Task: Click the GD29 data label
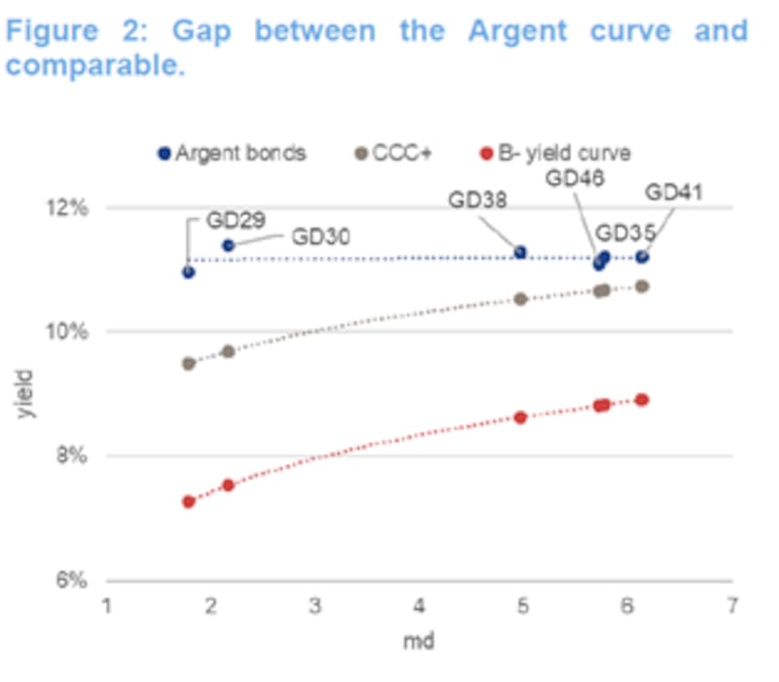[235, 221]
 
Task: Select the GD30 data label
[320, 236]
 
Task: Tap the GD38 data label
[478, 200]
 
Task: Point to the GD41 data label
[674, 193]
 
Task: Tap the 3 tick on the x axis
[315, 604]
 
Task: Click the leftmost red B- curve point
[188, 502]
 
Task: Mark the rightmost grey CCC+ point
[642, 286]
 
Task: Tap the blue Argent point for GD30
[229, 245]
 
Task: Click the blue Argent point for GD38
[520, 252]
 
